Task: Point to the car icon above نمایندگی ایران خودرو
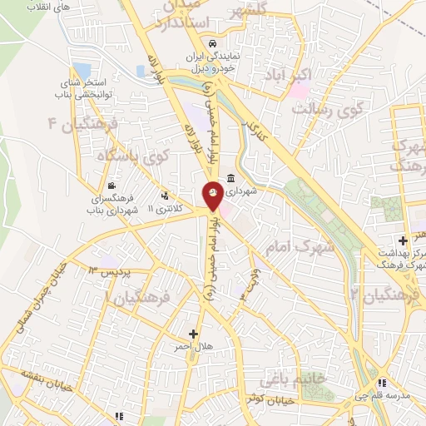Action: coord(213,43)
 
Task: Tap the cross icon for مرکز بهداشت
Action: coord(404,240)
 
